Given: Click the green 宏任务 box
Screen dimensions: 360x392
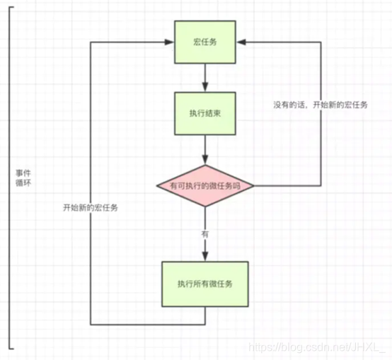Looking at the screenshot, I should [x=204, y=42].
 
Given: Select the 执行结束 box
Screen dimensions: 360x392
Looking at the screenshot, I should [x=204, y=113].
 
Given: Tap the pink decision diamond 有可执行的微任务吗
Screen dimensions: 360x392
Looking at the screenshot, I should [x=204, y=186].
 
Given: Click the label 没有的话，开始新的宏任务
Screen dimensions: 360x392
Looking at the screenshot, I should [x=319, y=104].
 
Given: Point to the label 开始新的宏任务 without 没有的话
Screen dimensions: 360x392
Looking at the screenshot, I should [x=91, y=207].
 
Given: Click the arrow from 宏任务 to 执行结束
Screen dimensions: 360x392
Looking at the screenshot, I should [x=204, y=76].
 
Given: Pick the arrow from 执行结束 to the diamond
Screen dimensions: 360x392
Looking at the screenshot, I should [x=204, y=149].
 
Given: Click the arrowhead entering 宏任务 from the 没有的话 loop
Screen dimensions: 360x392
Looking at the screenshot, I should [x=240, y=42].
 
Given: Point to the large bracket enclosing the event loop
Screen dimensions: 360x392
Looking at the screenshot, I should [x=10, y=177].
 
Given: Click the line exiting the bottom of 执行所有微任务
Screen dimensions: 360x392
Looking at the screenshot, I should [x=204, y=316].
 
